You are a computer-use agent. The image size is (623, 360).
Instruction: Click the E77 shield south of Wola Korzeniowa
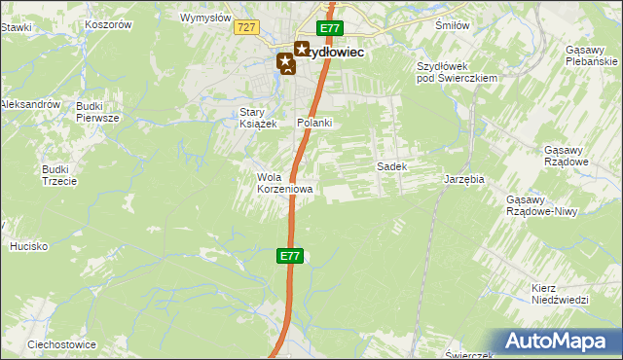pyautogui.click(x=289, y=256)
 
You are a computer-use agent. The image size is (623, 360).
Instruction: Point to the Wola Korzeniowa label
pyautogui.click(x=284, y=183)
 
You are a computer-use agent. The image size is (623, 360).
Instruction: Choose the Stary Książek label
pyautogui.click(x=259, y=118)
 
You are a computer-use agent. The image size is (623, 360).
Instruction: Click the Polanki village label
pyautogui.click(x=315, y=123)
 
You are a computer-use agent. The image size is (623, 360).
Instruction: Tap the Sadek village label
pyautogui.click(x=391, y=166)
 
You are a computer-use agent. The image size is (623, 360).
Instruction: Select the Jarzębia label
pyautogui.click(x=464, y=180)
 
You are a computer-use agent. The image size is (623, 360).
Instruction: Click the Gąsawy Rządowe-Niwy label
pyautogui.click(x=538, y=205)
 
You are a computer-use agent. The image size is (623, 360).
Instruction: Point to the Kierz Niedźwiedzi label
pyautogui.click(x=561, y=295)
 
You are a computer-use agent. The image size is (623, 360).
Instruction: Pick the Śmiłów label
pyautogui.click(x=453, y=26)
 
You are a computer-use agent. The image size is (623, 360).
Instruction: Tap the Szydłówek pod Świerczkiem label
pyautogui.click(x=457, y=71)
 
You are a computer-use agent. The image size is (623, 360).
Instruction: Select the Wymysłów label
pyautogui.click(x=205, y=18)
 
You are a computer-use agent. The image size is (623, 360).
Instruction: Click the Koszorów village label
pyautogui.click(x=108, y=22)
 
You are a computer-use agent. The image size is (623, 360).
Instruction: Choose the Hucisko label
pyautogui.click(x=29, y=246)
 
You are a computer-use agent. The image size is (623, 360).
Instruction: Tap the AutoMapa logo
pyautogui.click(x=560, y=340)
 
